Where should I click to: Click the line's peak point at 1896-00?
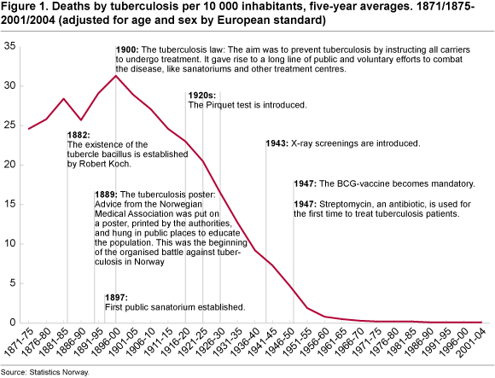116,76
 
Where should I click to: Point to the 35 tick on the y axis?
9,46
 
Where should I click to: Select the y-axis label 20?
9,165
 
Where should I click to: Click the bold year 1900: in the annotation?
127,49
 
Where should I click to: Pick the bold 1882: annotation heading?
79,135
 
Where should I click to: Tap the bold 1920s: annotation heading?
202,96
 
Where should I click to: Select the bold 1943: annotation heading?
277,143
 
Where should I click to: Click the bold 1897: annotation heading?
116,298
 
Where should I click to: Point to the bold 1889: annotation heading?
106,195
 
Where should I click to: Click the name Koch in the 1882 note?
120,164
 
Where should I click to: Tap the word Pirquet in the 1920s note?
219,105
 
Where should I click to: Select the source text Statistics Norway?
60,372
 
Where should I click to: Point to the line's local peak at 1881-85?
64,99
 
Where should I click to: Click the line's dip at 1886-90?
81,120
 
